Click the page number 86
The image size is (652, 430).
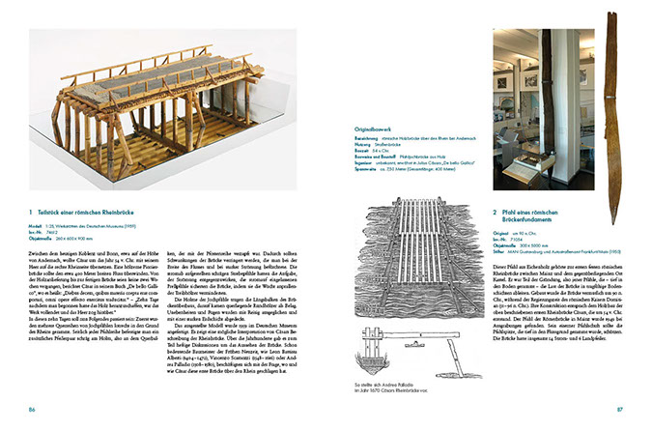(34, 411)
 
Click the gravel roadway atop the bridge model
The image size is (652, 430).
(145, 58)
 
